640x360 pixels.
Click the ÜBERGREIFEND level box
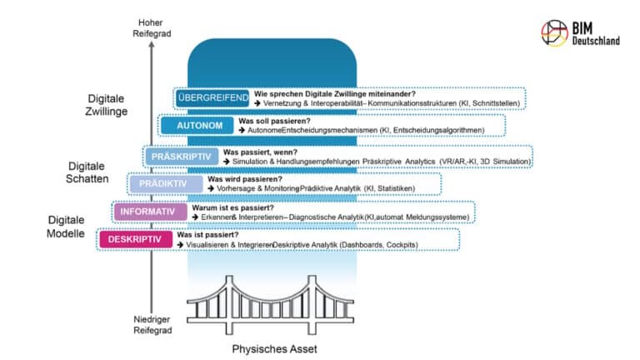(212, 98)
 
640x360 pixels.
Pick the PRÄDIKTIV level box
(165, 184)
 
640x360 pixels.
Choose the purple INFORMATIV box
(148, 212)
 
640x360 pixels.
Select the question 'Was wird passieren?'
(244, 179)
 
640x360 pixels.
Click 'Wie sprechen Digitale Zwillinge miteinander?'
(334, 94)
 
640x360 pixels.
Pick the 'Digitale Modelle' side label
(66, 227)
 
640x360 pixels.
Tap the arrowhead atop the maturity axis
(150, 47)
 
